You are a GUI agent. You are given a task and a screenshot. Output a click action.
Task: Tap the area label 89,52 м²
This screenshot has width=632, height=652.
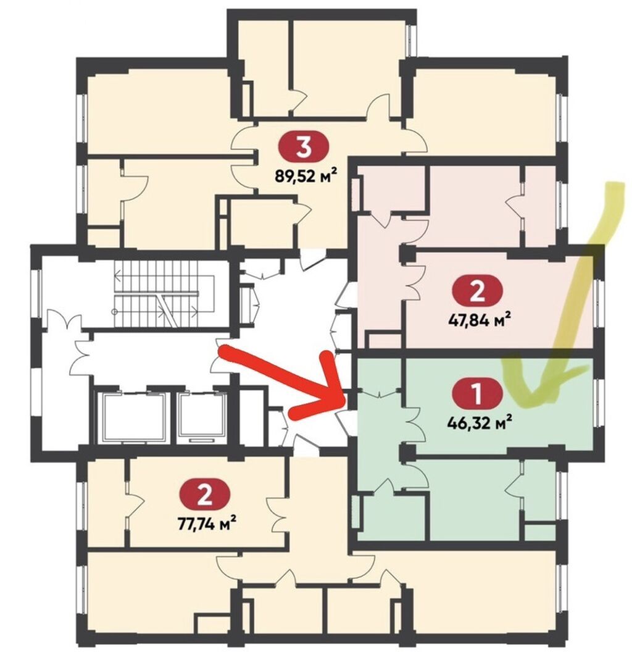click(305, 176)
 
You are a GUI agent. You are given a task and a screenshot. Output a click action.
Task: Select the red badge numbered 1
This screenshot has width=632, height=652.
click(477, 393)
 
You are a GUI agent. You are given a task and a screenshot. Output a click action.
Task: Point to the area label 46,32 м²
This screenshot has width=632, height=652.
click(479, 423)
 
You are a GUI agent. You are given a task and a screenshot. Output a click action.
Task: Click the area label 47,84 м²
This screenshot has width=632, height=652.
click(479, 320)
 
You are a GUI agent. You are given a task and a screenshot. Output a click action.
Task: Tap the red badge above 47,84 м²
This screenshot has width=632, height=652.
click(477, 290)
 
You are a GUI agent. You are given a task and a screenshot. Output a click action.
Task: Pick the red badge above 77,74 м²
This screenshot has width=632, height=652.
click(204, 493)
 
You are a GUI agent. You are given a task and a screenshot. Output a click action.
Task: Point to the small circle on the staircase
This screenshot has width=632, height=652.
click(114, 311)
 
